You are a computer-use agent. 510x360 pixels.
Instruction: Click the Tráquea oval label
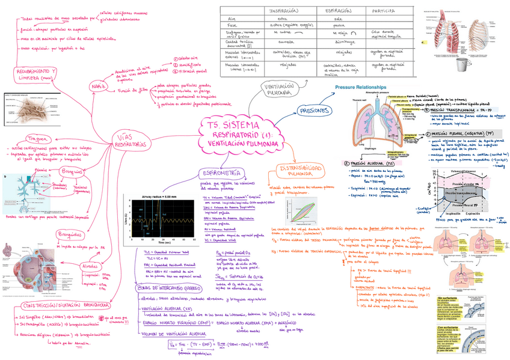[28, 140]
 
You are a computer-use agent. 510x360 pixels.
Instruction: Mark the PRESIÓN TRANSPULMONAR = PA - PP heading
[461, 111]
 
